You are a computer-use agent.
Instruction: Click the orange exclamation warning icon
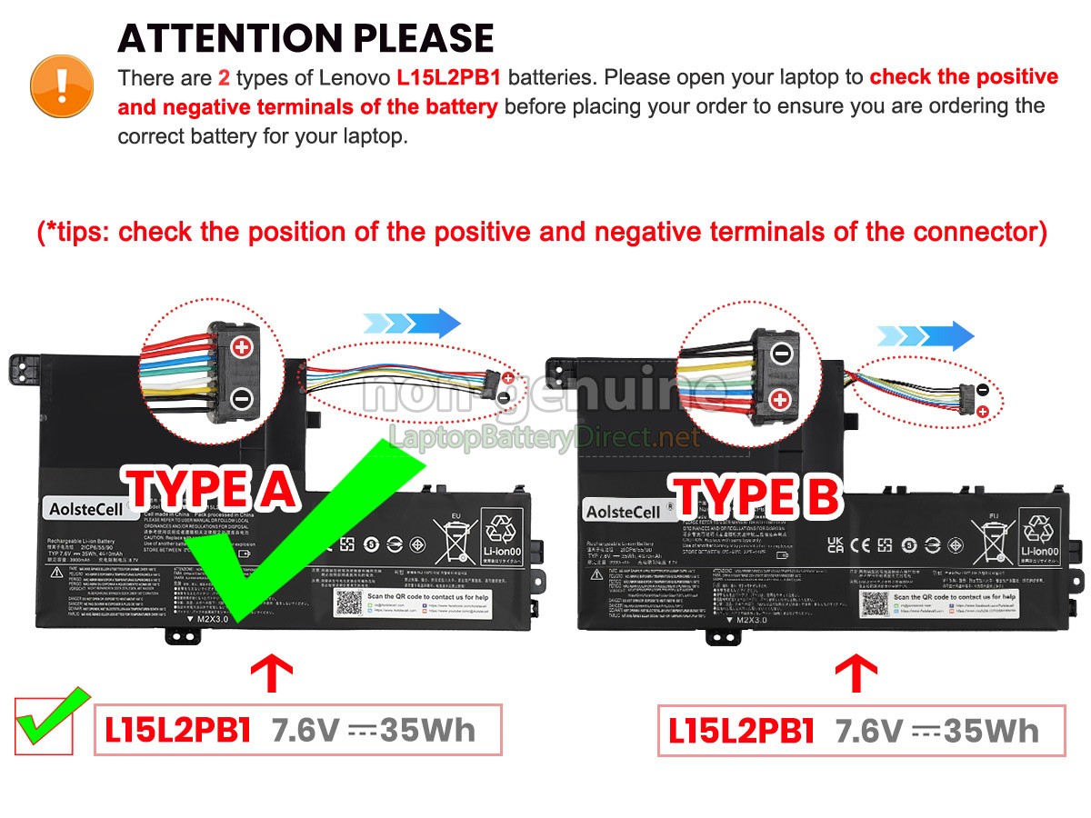pos(62,85)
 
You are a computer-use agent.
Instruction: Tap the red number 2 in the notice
pos(224,78)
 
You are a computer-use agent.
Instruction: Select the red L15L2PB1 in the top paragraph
pos(448,78)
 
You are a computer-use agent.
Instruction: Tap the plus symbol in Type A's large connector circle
pos(242,347)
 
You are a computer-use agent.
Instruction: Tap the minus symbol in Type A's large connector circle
pos(242,397)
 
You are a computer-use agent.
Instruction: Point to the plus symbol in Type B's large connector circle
pos(781,399)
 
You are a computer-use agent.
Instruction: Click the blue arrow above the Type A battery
pos(412,323)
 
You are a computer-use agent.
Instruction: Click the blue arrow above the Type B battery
pos(926,336)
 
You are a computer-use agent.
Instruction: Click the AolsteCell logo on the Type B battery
pos(624,512)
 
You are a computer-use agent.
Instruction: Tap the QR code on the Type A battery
pos(348,602)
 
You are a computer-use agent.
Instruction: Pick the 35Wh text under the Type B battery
pos(991,730)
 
